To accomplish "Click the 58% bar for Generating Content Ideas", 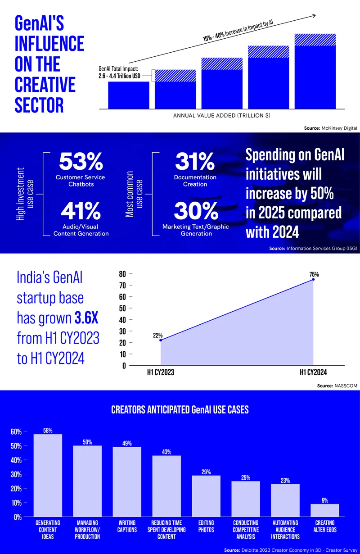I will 48,475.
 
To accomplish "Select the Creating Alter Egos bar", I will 325,510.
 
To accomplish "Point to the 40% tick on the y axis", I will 16,460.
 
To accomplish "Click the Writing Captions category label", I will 127,527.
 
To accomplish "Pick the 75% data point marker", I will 313,280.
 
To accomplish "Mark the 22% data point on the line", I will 161,340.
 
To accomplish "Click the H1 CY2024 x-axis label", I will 313,372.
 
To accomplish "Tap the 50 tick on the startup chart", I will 122,309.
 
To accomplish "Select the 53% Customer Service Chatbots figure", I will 81,161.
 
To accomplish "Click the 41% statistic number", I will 81,211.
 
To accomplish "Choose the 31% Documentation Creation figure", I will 195,161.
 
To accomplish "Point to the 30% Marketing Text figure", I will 195,211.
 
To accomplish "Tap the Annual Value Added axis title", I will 221,116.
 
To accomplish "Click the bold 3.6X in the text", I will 86,319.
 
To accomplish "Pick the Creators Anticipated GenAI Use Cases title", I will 180,410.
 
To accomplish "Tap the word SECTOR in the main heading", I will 39,105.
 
